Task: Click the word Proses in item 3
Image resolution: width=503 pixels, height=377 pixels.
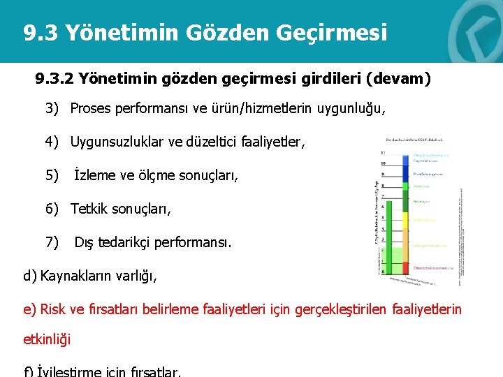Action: [x=89, y=110]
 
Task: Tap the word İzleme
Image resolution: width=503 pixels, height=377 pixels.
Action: [x=95, y=175]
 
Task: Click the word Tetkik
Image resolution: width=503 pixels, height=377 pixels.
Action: [x=89, y=209]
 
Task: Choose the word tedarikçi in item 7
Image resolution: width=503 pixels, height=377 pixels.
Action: [x=126, y=242]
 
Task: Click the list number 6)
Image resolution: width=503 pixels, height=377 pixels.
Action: [x=53, y=209]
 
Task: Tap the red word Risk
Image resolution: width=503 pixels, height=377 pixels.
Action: [x=54, y=309]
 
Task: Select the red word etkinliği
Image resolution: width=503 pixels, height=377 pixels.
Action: [x=48, y=341]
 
